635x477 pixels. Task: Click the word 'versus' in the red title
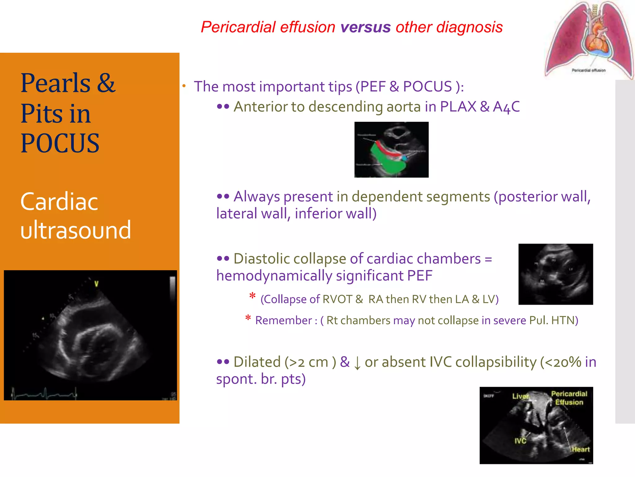click(365, 27)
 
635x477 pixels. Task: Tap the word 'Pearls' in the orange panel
click(56, 83)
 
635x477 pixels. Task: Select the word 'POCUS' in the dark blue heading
click(60, 143)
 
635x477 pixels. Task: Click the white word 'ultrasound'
click(76, 230)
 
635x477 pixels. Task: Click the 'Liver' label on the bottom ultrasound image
click(520, 397)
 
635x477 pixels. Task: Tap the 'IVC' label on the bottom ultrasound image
click(520, 441)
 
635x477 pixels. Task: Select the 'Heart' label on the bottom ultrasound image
click(580, 449)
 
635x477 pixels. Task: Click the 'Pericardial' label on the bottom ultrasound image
click(569, 394)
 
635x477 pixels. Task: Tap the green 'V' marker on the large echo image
click(96, 284)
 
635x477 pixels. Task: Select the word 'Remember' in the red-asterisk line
click(283, 320)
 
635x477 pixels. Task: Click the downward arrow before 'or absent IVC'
click(357, 363)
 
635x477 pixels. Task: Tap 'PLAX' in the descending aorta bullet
click(458, 107)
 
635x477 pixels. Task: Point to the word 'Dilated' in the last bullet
click(257, 362)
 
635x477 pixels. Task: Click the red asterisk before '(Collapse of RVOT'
click(252, 296)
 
